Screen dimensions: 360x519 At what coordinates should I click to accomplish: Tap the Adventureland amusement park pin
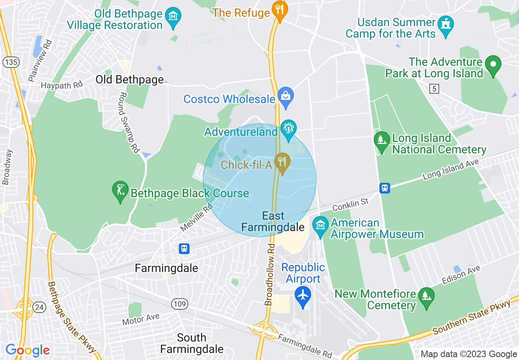pyautogui.click(x=289, y=130)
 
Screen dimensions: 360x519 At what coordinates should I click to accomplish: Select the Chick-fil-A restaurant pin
pyautogui.click(x=282, y=162)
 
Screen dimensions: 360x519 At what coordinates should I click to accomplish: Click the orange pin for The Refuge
pyautogui.click(x=280, y=10)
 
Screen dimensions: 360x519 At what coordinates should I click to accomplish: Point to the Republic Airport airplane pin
pyautogui.click(x=303, y=295)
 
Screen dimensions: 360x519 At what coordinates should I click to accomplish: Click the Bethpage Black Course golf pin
pyautogui.click(x=120, y=191)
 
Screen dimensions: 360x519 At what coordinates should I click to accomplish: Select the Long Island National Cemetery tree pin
pyautogui.click(x=381, y=141)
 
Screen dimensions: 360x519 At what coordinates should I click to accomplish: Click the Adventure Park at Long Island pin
pyautogui.click(x=493, y=65)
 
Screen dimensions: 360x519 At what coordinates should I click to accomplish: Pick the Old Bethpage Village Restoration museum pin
pyautogui.click(x=173, y=17)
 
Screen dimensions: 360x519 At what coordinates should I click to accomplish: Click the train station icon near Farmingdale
pyautogui.click(x=184, y=248)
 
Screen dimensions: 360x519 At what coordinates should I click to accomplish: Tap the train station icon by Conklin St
pyautogui.click(x=384, y=188)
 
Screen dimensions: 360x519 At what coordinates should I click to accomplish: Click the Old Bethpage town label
pyautogui.click(x=129, y=79)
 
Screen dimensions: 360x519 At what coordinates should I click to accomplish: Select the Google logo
pyautogui.click(x=27, y=351)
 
